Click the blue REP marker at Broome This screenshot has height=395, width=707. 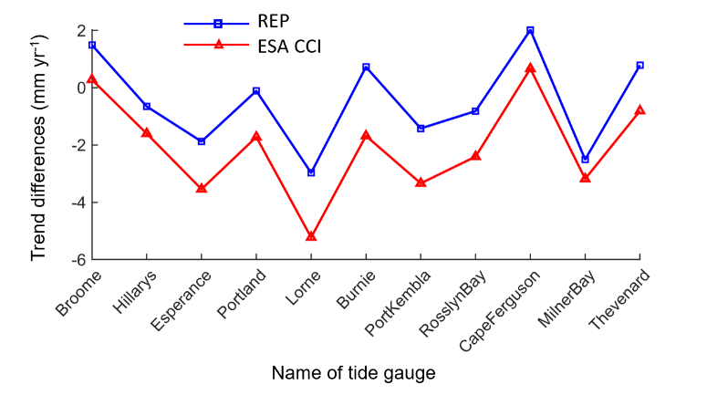tap(92, 45)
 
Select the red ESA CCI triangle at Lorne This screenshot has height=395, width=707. tap(311, 236)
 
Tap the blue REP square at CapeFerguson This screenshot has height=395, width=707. tap(530, 30)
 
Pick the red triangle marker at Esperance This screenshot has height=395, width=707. tap(202, 188)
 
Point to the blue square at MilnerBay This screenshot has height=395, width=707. tap(585, 160)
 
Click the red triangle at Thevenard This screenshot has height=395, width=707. tap(639, 109)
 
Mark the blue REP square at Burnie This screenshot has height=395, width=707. tap(366, 67)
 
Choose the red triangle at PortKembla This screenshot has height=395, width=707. tap(421, 182)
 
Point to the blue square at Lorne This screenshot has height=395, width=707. tap(311, 172)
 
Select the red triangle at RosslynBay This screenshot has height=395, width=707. tap(475, 156)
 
